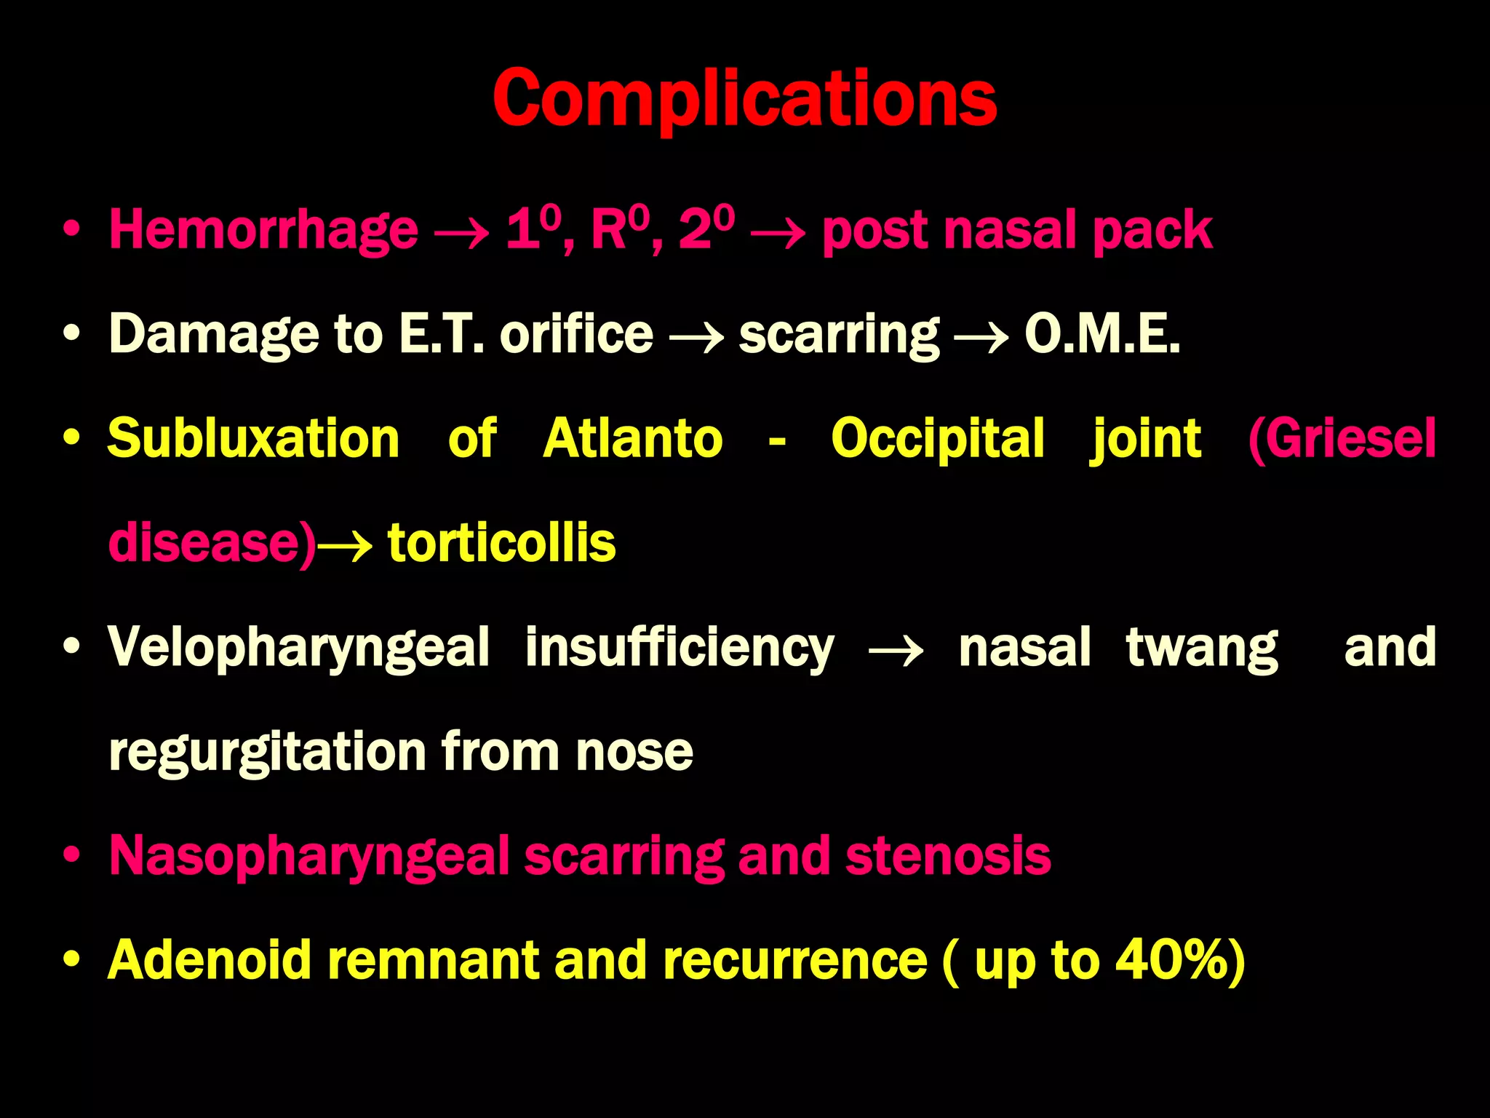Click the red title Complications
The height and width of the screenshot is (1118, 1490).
(x=744, y=98)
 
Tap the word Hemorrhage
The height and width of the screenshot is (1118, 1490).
(x=263, y=230)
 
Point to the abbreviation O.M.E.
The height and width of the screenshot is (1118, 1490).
(x=1101, y=334)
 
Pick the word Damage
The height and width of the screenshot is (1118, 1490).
(x=214, y=334)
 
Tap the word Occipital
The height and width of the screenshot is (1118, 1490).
(x=938, y=440)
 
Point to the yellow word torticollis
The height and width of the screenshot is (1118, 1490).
(x=501, y=543)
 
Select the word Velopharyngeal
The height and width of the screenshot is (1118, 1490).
(x=299, y=648)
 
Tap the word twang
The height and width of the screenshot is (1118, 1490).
(x=1202, y=648)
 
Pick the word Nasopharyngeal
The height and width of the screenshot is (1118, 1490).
(x=309, y=857)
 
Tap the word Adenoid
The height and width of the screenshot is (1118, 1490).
(x=210, y=960)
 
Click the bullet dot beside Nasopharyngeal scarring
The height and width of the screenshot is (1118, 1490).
(x=71, y=855)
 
